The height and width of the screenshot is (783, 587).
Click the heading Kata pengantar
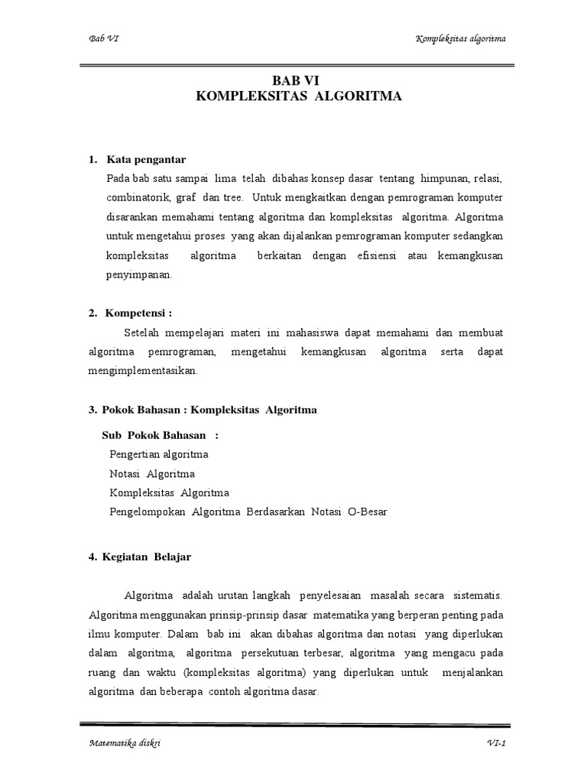click(146, 159)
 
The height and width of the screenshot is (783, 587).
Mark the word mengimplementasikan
click(143, 371)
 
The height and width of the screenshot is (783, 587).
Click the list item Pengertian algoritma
click(159, 454)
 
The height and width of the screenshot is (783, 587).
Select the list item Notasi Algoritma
click(152, 473)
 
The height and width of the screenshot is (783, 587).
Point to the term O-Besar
click(362, 512)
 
